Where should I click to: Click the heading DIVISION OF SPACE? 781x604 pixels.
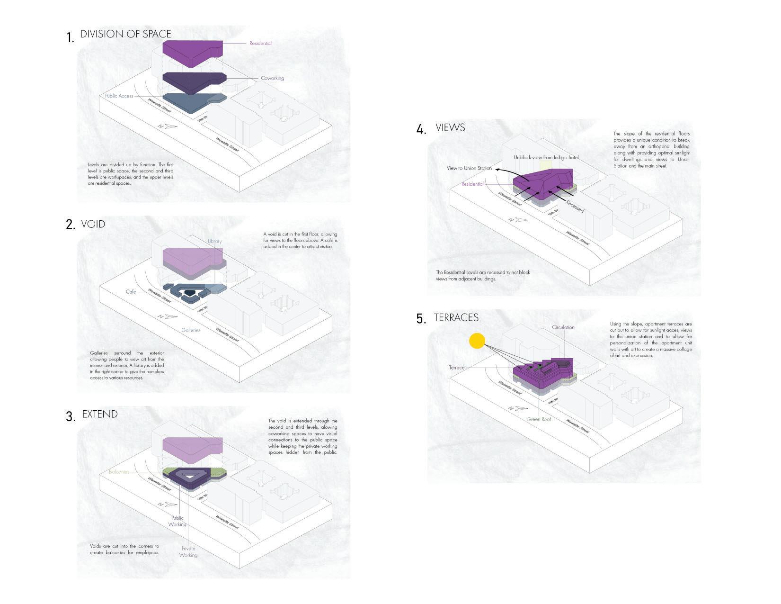(x=125, y=34)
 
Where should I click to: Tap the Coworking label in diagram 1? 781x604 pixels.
(x=272, y=78)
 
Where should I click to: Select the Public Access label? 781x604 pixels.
(x=119, y=96)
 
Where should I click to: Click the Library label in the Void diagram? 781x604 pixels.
(x=214, y=241)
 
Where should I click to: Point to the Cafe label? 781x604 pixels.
(x=131, y=292)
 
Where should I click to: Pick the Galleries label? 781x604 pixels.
(x=191, y=330)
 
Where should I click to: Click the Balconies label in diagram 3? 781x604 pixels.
(x=119, y=472)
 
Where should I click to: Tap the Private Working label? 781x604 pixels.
(x=188, y=552)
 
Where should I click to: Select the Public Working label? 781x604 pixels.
(x=177, y=521)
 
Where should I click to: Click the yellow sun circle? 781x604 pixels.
(x=477, y=341)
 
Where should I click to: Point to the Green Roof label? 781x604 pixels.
(x=539, y=419)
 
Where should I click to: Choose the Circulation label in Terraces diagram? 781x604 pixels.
(x=563, y=327)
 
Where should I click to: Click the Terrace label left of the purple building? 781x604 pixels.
(x=457, y=368)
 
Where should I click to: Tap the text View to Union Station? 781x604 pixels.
(x=469, y=168)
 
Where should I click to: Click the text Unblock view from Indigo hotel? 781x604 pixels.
(x=546, y=157)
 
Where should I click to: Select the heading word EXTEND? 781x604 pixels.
(x=100, y=414)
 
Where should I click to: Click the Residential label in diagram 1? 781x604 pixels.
(x=260, y=44)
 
